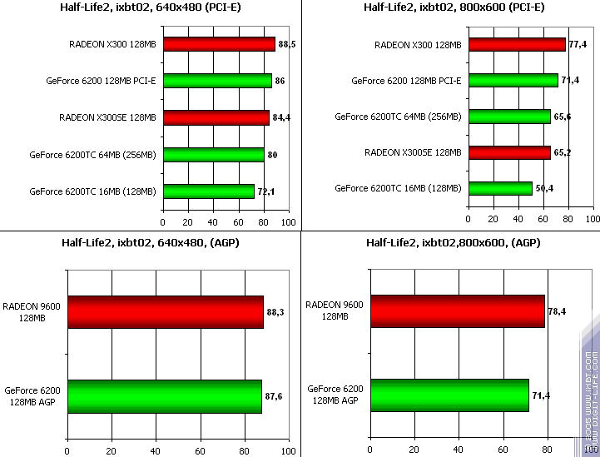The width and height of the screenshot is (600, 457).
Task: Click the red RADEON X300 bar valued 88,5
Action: point(219,44)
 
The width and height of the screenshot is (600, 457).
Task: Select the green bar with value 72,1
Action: point(209,191)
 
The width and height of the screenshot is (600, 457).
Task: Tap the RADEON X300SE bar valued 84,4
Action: point(216,117)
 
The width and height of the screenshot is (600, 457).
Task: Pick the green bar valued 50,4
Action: point(500,188)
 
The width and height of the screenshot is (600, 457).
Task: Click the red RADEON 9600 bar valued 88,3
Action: point(165,312)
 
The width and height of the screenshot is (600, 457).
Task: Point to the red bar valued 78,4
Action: point(458,311)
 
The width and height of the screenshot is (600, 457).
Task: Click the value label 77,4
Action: point(578,44)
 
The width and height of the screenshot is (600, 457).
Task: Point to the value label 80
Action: point(272,155)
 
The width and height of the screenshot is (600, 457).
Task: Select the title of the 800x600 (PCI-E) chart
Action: point(454,8)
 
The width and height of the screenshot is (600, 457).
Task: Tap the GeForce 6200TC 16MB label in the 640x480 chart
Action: point(92,191)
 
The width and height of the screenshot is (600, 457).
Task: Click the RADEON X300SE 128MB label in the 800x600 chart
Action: point(413,152)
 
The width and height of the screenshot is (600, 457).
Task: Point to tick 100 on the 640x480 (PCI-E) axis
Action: point(288,222)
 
